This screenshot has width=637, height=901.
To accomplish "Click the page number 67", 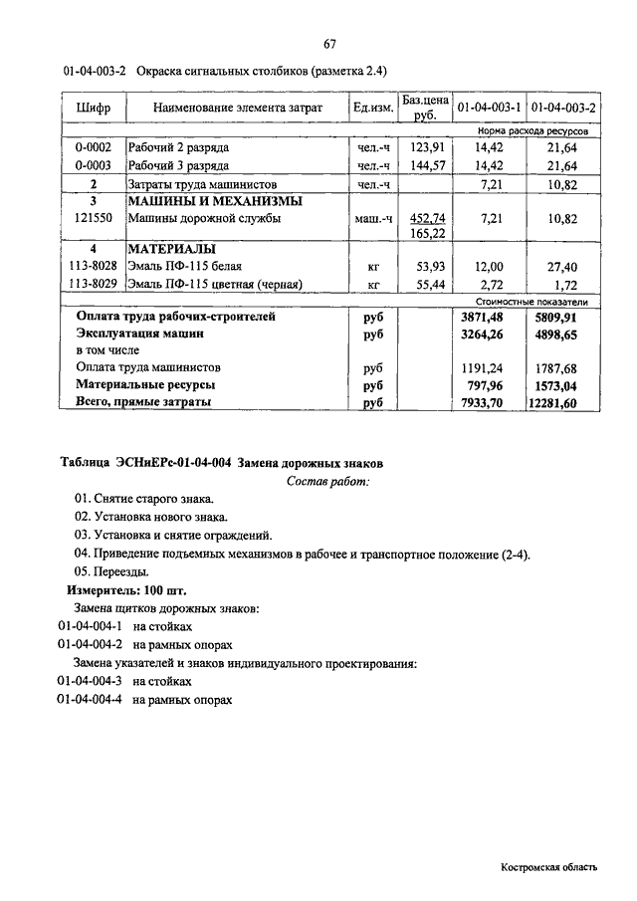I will pyautogui.click(x=329, y=44).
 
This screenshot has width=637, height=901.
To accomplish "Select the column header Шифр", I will pyautogui.click(x=93, y=108).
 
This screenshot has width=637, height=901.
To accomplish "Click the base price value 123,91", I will pyautogui.click(x=425, y=147).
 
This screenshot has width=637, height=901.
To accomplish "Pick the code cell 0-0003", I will pyautogui.click(x=93, y=166).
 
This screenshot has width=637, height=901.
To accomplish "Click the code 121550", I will pyautogui.click(x=93, y=218).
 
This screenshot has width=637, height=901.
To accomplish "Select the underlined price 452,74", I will pyautogui.click(x=427, y=217).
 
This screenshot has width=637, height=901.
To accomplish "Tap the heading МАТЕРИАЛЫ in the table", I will pyautogui.click(x=172, y=249).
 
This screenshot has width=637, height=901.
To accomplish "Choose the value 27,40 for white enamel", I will pyautogui.click(x=561, y=267).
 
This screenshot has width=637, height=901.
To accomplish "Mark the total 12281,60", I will pyautogui.click(x=561, y=403).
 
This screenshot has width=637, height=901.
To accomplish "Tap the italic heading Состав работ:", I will pyautogui.click(x=327, y=482).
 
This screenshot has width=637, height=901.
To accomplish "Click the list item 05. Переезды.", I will pyautogui.click(x=112, y=571).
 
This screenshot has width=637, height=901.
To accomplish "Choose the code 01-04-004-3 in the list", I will pyautogui.click(x=90, y=681).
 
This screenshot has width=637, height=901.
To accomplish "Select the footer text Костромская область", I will pyautogui.click(x=549, y=867).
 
